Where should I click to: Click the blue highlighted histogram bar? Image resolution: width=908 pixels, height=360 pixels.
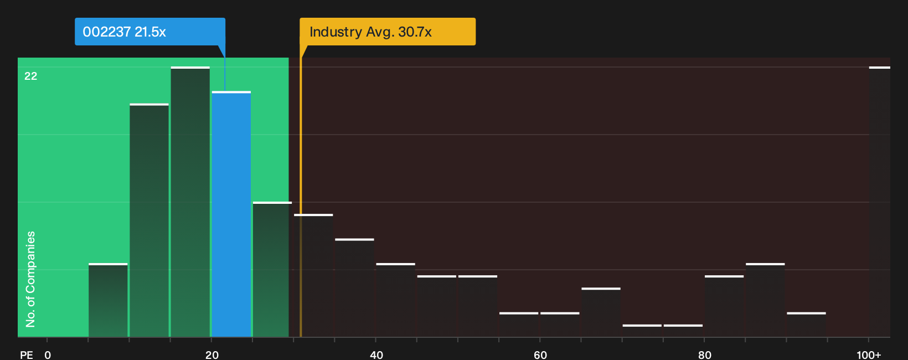coord(231,214)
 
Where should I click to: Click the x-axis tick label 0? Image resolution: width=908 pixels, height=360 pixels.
coord(48,355)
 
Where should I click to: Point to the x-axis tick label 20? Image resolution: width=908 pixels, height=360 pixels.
coord(211,355)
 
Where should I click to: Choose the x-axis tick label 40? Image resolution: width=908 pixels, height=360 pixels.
coord(376,355)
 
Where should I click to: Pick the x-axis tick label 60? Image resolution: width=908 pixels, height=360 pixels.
coord(540,355)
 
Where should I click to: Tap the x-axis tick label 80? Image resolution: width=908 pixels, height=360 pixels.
coord(704,355)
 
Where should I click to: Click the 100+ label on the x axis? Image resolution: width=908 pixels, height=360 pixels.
coord(869,355)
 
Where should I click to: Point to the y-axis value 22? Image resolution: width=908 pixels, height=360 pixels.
coord(31,76)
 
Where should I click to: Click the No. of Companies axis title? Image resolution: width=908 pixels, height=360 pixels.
coord(30,279)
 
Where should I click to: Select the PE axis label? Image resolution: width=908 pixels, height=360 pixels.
coord(27,355)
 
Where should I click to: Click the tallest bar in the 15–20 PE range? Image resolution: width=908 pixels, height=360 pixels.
coord(190,202)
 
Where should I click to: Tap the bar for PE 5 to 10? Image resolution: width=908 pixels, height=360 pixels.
coord(108,300)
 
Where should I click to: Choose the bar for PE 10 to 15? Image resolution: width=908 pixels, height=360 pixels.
coord(149,220)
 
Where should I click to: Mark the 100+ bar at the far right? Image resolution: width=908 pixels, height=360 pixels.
coord(880,202)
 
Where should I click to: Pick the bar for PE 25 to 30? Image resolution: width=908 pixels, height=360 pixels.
coord(272,270)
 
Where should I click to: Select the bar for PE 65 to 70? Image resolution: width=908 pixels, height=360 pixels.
coord(601,312)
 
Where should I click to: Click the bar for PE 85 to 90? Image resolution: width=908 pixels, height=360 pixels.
coord(765,300)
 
